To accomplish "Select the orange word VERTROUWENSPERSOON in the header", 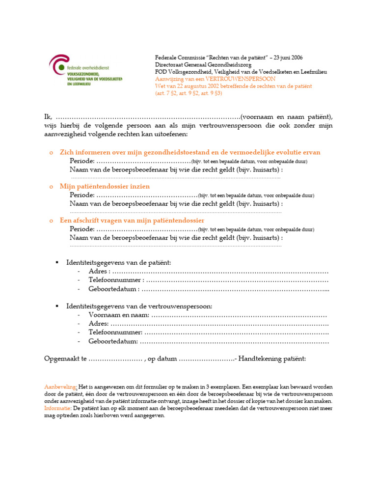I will click(247, 79).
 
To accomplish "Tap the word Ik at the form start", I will click(48, 117).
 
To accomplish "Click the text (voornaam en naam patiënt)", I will click(286, 117).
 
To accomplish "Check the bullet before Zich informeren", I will click(51, 153).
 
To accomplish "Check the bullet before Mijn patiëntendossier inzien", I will click(51, 187).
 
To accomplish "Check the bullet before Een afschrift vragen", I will click(51, 221).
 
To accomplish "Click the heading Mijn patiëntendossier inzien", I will click(105, 187).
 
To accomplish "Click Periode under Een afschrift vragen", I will click(82, 229).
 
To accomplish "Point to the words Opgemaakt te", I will click(65, 359).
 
